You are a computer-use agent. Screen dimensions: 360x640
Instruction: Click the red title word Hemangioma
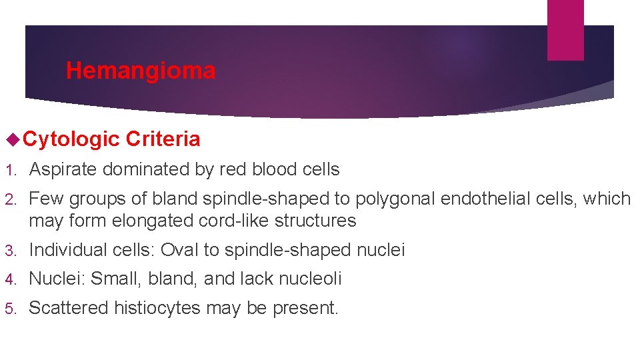(x=141, y=71)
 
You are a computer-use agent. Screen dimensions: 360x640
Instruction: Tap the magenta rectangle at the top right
(x=565, y=29)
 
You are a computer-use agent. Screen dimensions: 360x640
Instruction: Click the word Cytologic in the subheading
(x=71, y=139)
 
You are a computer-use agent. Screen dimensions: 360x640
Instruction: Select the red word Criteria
(x=163, y=139)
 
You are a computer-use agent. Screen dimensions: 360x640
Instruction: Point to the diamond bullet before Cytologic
(x=10, y=139)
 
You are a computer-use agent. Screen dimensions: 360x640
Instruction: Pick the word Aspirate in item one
(x=64, y=170)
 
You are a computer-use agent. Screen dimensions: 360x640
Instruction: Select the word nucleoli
(x=307, y=279)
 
